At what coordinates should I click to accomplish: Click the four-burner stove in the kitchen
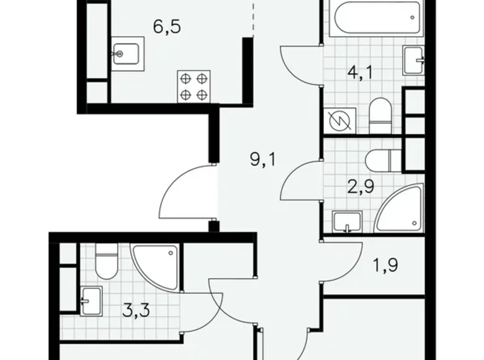click(x=194, y=86)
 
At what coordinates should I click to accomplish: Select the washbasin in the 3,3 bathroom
click(x=90, y=300)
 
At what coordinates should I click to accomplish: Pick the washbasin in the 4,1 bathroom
click(x=413, y=59)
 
